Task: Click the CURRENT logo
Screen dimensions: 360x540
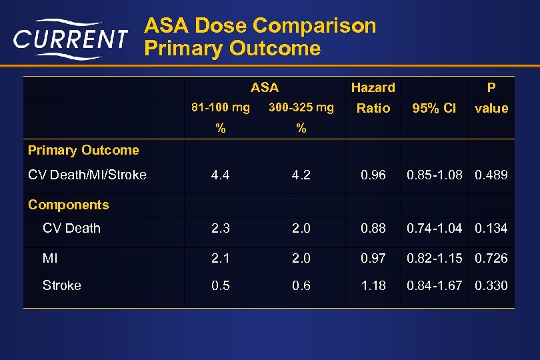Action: (x=69, y=40)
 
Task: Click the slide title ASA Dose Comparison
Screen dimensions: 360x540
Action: (x=261, y=26)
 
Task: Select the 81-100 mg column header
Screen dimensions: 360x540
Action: (x=220, y=107)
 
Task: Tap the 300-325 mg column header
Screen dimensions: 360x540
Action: (x=301, y=107)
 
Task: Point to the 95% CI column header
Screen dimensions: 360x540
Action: (x=434, y=108)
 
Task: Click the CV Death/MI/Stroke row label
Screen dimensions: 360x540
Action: (x=87, y=175)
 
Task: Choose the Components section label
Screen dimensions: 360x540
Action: (x=69, y=205)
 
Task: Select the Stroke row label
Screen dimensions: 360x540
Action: (x=62, y=285)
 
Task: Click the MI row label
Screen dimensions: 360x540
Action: (x=50, y=258)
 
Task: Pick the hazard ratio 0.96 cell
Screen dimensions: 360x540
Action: (x=373, y=175)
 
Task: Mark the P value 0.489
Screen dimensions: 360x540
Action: (x=491, y=175)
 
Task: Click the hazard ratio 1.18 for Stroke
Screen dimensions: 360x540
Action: (x=373, y=285)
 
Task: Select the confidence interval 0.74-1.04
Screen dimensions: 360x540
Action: (x=434, y=228)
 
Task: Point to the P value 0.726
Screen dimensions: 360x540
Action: (x=491, y=258)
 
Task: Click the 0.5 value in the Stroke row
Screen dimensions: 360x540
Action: (x=220, y=285)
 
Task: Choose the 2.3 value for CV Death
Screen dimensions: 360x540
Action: (x=220, y=228)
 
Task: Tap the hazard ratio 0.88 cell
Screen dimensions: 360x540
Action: (x=373, y=228)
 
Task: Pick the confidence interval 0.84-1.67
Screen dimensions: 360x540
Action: (x=434, y=285)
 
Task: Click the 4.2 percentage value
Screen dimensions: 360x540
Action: (x=301, y=175)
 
